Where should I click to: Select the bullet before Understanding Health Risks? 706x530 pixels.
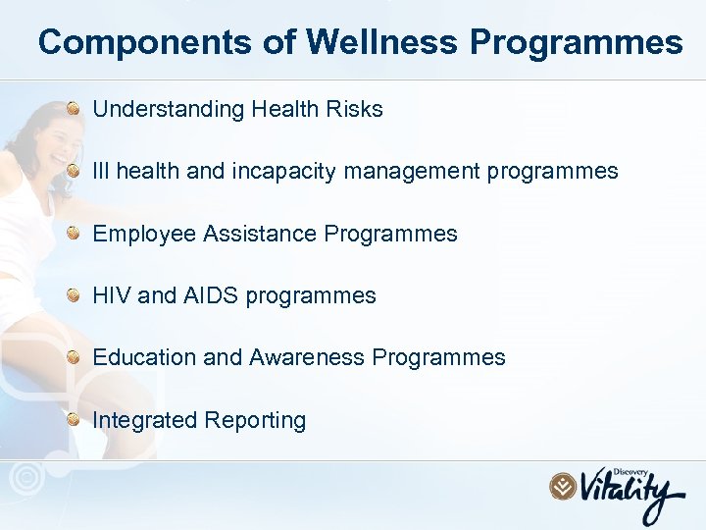(75, 109)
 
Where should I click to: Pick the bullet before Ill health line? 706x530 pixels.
(75, 171)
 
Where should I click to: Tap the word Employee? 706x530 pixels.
(144, 234)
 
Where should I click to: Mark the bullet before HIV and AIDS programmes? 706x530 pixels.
(75, 294)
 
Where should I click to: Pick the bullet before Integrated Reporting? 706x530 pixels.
(75, 419)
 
